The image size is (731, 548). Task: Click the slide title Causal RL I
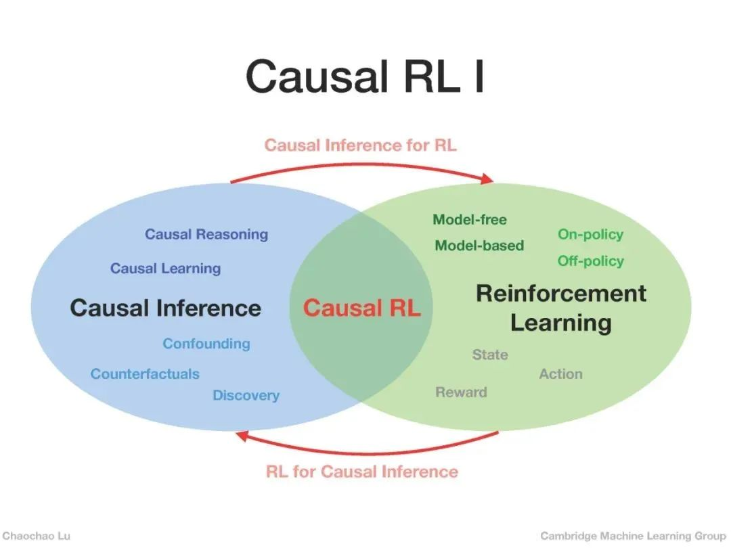(x=365, y=76)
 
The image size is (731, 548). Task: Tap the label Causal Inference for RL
(x=360, y=145)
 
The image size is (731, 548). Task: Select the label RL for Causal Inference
(x=361, y=472)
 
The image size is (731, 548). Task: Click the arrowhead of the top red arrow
(x=487, y=179)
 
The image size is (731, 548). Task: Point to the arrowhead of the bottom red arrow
(x=242, y=435)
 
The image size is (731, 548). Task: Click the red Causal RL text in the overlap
(x=361, y=308)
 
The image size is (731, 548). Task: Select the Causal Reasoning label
(x=206, y=234)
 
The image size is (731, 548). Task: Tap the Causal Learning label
(x=166, y=269)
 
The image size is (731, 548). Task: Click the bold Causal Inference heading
(x=166, y=309)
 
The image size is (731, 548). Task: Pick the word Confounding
(x=206, y=344)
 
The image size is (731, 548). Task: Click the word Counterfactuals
(x=145, y=373)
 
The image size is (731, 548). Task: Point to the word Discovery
(x=246, y=395)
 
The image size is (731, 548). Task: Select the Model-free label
(x=470, y=219)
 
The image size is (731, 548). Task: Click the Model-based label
(x=479, y=246)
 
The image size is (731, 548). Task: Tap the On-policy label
(x=591, y=234)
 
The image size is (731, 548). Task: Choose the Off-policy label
(x=591, y=261)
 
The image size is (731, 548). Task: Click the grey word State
(x=490, y=355)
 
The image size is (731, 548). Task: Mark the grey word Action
(x=561, y=373)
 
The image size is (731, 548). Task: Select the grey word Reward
(x=461, y=392)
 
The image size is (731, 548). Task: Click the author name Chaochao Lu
(x=37, y=536)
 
